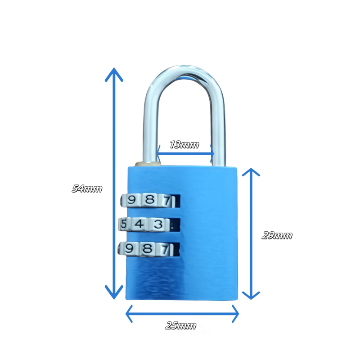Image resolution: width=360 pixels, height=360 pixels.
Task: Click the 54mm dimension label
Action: pyautogui.click(x=87, y=189)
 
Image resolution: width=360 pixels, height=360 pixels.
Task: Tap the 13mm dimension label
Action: pyautogui.click(x=184, y=144)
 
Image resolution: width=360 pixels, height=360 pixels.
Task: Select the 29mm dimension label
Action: pyautogui.click(x=277, y=235)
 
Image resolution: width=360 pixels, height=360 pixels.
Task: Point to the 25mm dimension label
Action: pyautogui.click(x=180, y=326)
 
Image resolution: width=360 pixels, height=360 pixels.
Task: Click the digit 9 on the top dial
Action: pyautogui.click(x=131, y=200)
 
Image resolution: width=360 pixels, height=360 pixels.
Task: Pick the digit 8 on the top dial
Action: pyautogui.click(x=149, y=199)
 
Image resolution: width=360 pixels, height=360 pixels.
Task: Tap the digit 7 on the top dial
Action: pyautogui.click(x=167, y=201)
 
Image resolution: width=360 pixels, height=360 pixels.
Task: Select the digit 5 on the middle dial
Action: pyautogui.click(x=123, y=224)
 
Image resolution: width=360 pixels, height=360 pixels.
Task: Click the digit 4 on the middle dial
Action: pyautogui.click(x=139, y=224)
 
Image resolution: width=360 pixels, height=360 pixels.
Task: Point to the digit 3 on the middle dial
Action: pyautogui.click(x=158, y=224)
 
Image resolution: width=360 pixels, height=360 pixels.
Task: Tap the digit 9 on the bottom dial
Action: pyautogui.click(x=129, y=248)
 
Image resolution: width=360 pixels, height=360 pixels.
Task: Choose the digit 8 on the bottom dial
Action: pyautogui.click(x=147, y=249)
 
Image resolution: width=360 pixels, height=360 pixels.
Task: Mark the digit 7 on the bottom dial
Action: pyautogui.click(x=166, y=250)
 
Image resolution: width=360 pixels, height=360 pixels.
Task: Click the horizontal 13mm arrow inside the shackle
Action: pyautogui.click(x=185, y=153)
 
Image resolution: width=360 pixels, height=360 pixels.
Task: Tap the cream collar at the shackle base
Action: pyautogui.click(x=148, y=164)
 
